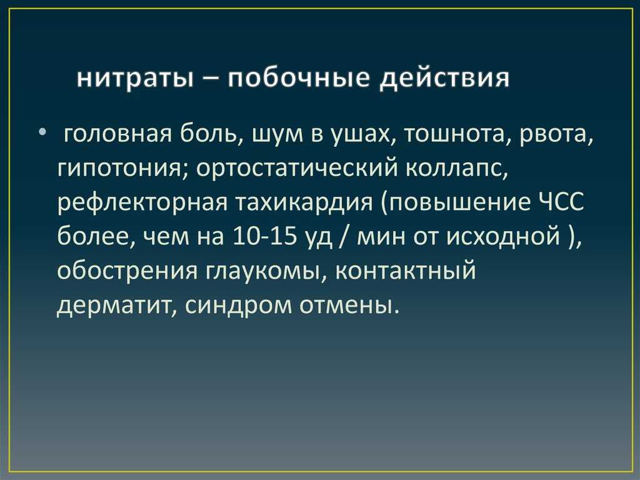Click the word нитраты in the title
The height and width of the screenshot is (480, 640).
(x=135, y=78)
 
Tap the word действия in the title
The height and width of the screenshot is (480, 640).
(x=444, y=78)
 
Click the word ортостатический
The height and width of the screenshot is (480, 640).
(x=297, y=169)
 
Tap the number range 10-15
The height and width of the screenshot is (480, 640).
(x=264, y=237)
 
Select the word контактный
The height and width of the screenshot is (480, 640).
(x=406, y=270)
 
